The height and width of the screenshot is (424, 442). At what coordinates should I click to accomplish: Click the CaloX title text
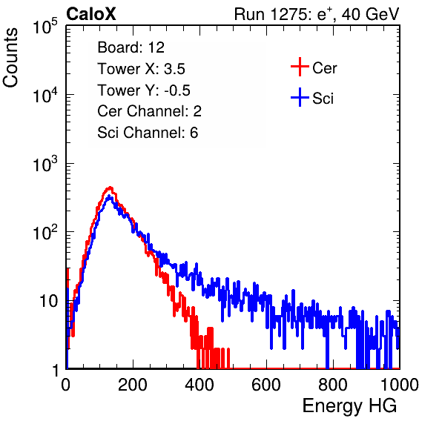tap(91, 14)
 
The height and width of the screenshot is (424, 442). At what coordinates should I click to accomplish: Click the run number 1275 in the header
tap(288, 14)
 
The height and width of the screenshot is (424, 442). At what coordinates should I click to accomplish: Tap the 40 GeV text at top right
tap(370, 14)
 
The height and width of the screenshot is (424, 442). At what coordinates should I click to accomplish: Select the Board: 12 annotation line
tap(131, 47)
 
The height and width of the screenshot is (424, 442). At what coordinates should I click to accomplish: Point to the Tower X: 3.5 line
tap(141, 68)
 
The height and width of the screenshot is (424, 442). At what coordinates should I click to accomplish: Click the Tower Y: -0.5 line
tap(144, 90)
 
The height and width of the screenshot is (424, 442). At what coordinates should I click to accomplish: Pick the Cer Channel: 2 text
tap(149, 111)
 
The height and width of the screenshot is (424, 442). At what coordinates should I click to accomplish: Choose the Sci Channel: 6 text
tap(148, 133)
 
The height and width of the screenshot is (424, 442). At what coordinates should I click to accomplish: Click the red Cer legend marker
tap(300, 67)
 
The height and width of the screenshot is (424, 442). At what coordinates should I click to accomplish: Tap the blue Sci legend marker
tap(300, 97)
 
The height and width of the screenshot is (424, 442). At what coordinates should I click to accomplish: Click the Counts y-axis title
tap(10, 57)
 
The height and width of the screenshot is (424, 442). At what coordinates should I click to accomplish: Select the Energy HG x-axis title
tap(349, 405)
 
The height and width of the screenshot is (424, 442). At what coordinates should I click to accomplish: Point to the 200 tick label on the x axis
tap(133, 385)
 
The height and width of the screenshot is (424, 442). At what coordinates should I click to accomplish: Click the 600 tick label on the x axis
tap(266, 385)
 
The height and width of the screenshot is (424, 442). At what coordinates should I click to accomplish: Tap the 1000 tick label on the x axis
tap(400, 385)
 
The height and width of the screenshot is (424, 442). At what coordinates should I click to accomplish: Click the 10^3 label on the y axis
tap(45, 164)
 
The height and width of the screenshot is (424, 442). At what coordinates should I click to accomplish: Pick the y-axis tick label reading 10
tap(48, 301)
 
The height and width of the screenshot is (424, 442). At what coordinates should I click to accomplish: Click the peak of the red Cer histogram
tap(110, 188)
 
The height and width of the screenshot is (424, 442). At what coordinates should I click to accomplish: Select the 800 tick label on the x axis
tap(333, 385)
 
